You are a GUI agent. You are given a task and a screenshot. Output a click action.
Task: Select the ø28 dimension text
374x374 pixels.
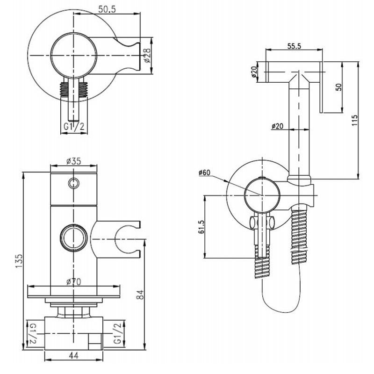coord(147,55)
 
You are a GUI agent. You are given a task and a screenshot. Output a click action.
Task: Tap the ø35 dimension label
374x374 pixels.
coord(74,161)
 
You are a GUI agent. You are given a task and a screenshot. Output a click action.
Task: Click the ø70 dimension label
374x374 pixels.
coord(74,281)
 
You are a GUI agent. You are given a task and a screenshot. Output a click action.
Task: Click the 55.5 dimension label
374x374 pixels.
coord(294,45)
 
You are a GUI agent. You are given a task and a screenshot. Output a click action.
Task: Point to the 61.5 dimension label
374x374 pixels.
coord(201,227)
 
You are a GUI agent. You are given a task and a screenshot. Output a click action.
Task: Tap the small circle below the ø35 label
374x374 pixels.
coord(73,183)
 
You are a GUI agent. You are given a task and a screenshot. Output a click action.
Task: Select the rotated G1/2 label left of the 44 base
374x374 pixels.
coord(33,332)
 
